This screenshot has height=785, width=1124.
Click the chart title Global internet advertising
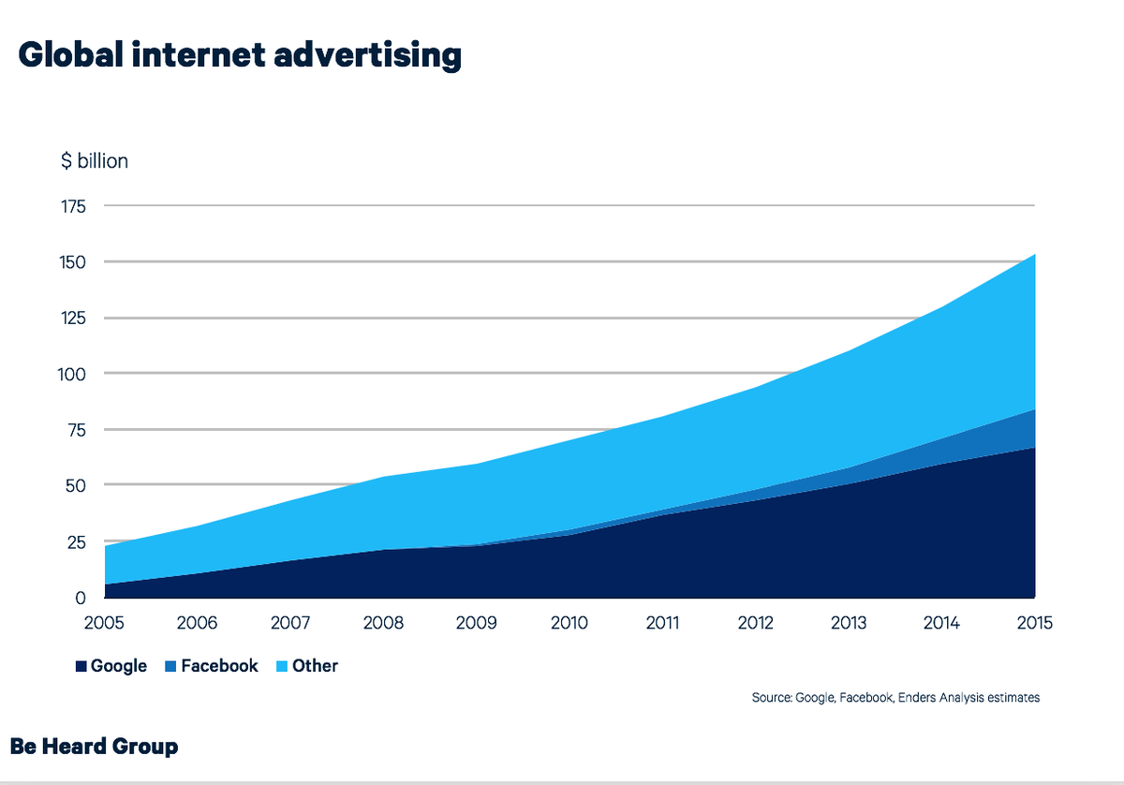(240, 55)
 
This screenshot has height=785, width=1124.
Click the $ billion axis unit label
(95, 161)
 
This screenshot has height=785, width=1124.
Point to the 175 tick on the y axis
(74, 206)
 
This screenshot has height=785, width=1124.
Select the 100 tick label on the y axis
(74, 374)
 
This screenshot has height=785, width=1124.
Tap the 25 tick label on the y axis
(77, 541)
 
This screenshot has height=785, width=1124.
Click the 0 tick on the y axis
(81, 598)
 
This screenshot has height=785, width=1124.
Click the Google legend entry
(119, 667)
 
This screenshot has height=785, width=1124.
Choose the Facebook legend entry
(219, 667)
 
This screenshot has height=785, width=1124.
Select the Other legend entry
(316, 667)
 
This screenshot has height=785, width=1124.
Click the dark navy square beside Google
(81, 667)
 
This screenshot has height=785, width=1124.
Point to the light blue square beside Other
(283, 667)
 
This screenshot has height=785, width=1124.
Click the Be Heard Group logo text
(95, 747)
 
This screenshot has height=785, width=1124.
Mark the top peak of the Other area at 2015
(1033, 255)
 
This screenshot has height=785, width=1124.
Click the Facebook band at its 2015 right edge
(1030, 429)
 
